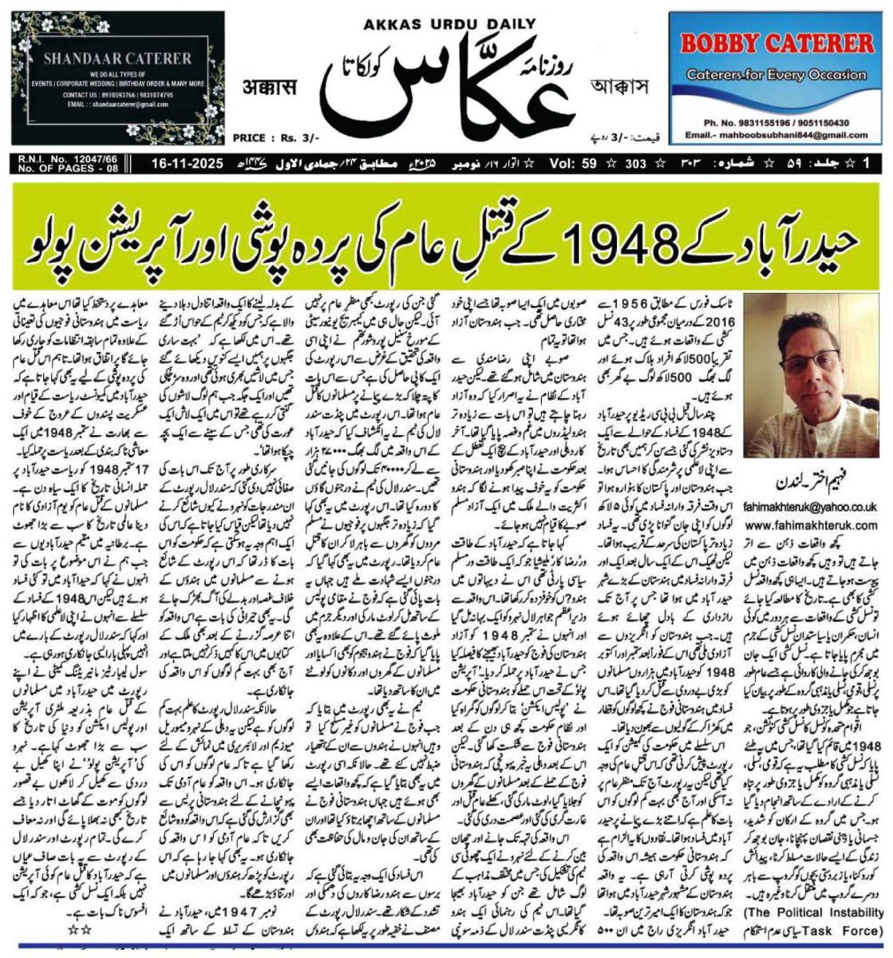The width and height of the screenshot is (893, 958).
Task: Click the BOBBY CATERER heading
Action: [x=776, y=42]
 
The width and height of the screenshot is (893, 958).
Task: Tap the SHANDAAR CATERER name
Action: [x=117, y=58]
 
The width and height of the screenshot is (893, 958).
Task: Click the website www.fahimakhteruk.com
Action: [x=811, y=525]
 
